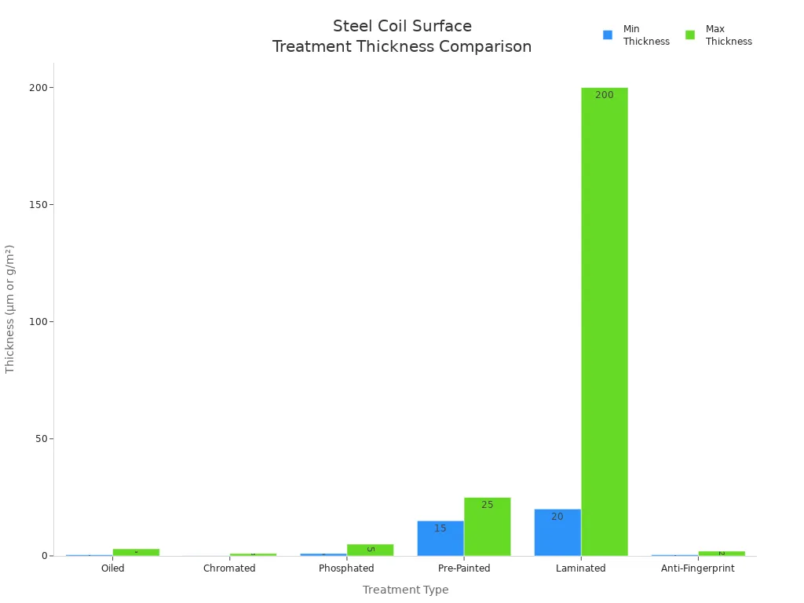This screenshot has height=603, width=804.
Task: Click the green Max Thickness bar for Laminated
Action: pyautogui.click(x=605, y=322)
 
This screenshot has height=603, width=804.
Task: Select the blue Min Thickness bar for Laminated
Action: pyautogui.click(x=557, y=532)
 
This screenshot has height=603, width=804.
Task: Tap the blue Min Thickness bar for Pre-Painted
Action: pyautogui.click(x=440, y=539)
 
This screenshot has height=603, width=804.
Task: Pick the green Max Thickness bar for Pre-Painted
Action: pyautogui.click(x=488, y=527)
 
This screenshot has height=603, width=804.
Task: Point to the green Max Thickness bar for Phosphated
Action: pyautogui.click(x=370, y=550)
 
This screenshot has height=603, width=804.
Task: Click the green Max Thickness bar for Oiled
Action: pyautogui.click(x=136, y=552)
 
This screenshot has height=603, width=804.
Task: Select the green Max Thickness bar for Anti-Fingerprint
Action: pyautogui.click(x=722, y=554)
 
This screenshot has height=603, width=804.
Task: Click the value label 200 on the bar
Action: pyautogui.click(x=605, y=95)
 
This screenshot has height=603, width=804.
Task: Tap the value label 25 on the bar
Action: pyautogui.click(x=488, y=505)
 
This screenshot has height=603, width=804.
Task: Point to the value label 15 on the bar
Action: pyautogui.click(x=440, y=528)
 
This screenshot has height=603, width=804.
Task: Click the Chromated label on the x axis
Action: pyautogui.click(x=229, y=568)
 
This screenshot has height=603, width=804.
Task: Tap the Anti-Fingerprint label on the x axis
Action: pyautogui.click(x=698, y=568)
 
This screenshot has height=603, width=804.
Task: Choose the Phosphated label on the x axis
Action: pyautogui.click(x=346, y=568)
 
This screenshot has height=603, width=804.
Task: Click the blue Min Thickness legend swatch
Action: pyautogui.click(x=608, y=35)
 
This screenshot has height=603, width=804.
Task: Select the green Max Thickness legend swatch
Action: pyautogui.click(x=690, y=35)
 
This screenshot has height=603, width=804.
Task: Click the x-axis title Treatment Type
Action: pyautogui.click(x=405, y=590)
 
